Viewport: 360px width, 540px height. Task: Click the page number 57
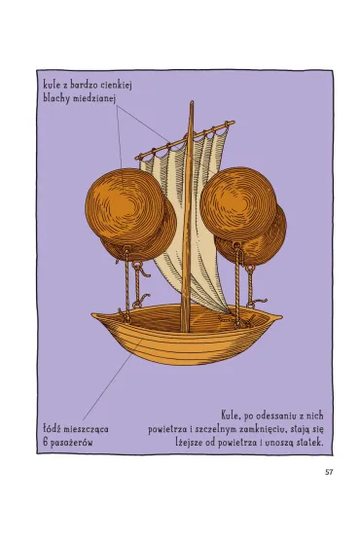(x=329, y=472)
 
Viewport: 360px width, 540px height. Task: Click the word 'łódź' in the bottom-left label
(x=52, y=429)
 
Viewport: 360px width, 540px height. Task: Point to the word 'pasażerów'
(x=72, y=443)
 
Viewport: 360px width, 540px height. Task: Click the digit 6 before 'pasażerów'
(x=46, y=442)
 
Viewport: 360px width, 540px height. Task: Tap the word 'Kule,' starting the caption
(x=231, y=415)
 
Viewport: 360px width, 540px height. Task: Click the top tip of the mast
(x=192, y=101)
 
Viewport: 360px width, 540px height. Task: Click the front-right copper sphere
(x=238, y=203)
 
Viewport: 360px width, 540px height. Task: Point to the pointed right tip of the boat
(x=281, y=315)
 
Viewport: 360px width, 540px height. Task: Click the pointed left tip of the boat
(x=92, y=314)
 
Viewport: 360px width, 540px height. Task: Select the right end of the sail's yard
(x=234, y=122)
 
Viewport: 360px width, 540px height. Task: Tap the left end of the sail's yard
(x=136, y=158)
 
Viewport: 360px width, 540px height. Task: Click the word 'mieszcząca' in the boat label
(x=87, y=430)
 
